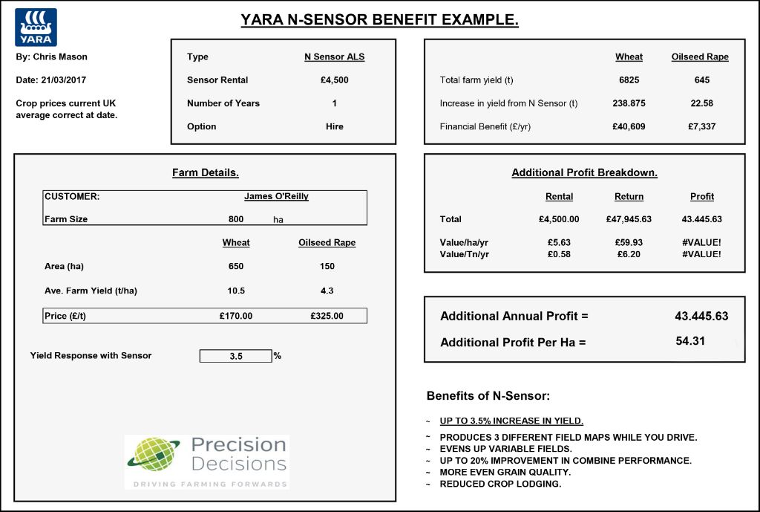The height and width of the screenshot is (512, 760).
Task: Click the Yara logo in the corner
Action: click(x=36, y=27)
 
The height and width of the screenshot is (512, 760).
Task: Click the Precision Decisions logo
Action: click(x=206, y=461)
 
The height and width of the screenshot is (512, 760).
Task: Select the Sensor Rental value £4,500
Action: click(x=335, y=80)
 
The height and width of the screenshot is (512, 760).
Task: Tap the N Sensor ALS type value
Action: click(x=335, y=57)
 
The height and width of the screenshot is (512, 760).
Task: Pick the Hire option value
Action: click(x=335, y=127)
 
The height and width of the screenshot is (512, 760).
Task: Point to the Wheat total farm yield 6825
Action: click(x=629, y=80)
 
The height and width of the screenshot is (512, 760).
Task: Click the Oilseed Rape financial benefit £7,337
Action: click(x=701, y=127)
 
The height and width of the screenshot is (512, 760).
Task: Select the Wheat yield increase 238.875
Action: click(x=629, y=104)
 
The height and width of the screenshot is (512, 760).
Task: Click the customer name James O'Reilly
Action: click(x=276, y=197)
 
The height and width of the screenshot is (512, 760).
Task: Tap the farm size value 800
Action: click(x=236, y=220)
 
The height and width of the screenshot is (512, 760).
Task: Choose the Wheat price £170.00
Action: click(x=236, y=317)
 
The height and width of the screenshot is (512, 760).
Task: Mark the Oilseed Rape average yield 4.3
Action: click(x=327, y=291)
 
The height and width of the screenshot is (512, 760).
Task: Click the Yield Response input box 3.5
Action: click(x=236, y=357)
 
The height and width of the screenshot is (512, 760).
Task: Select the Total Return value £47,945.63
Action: click(x=629, y=220)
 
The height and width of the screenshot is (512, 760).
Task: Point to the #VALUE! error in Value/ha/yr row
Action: click(x=701, y=242)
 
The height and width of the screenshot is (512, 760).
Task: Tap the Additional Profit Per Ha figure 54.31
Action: click(x=690, y=341)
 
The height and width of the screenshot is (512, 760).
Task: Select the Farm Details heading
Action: click(x=206, y=173)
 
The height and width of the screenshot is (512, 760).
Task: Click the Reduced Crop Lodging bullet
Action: click(x=500, y=485)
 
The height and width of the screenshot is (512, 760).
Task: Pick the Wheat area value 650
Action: click(x=236, y=267)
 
